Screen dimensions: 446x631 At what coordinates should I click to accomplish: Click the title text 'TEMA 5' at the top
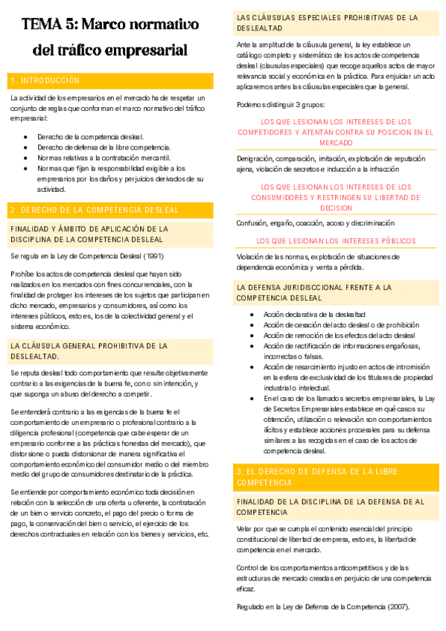tap(48, 25)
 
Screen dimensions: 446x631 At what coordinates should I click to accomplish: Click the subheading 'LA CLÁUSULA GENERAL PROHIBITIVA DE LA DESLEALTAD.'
tap(89, 350)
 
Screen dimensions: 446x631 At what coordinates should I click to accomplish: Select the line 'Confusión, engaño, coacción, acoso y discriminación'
tap(315, 222)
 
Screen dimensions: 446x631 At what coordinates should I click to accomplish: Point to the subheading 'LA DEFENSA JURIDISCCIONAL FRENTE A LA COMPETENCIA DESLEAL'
tap(314, 292)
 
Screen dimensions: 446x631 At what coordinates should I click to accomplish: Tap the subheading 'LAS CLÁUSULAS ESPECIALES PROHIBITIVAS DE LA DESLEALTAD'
tap(327, 22)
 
